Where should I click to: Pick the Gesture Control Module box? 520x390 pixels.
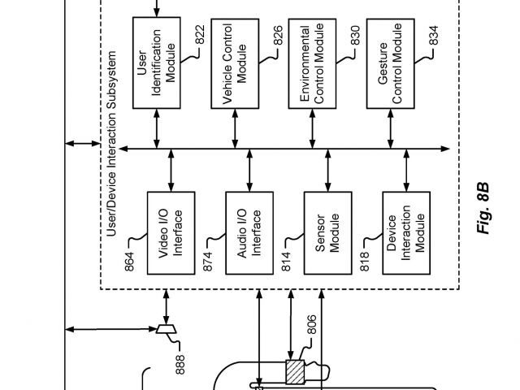(x=391, y=62)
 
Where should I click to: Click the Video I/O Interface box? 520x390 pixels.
(x=171, y=233)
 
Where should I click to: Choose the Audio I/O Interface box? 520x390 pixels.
(x=249, y=233)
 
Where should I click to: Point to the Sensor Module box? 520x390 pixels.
(x=327, y=233)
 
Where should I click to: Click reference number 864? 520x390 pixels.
(x=131, y=262)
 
